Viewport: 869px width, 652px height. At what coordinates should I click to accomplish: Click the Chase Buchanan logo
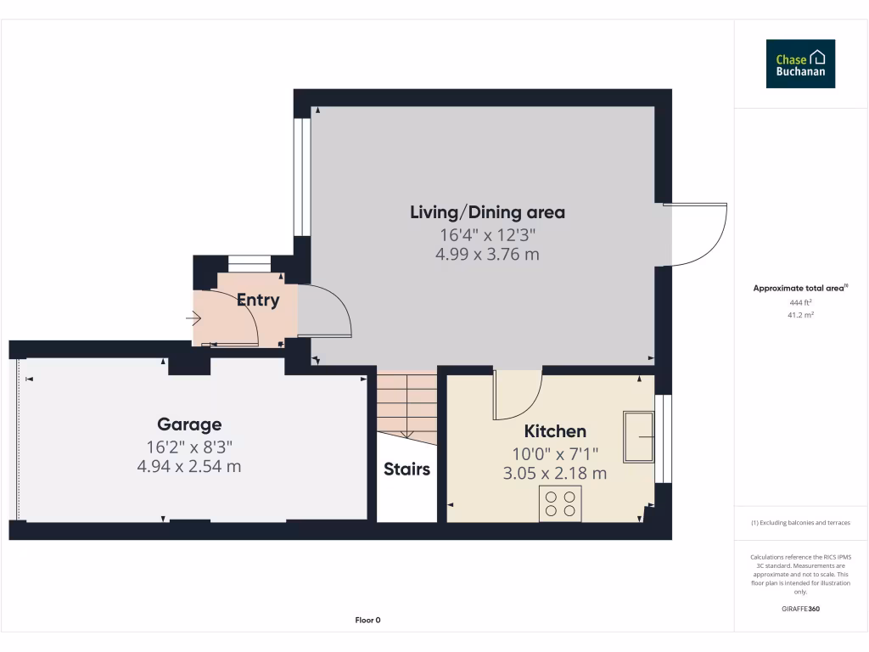[x=800, y=64]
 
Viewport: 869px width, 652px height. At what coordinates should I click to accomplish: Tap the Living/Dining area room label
[x=487, y=212]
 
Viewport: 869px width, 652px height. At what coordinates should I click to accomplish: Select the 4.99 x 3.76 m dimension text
[x=487, y=254]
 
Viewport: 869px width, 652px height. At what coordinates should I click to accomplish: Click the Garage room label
[x=189, y=424]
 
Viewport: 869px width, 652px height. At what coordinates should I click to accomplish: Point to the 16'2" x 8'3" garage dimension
[x=189, y=446]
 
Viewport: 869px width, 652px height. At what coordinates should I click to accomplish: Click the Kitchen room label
[x=555, y=431]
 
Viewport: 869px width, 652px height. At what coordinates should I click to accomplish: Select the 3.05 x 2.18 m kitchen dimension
[x=555, y=473]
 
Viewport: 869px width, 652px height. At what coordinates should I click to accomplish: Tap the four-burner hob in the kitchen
[x=560, y=503]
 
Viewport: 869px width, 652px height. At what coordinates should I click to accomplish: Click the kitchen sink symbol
[x=638, y=437]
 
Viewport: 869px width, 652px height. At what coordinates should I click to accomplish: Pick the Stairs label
[x=406, y=469]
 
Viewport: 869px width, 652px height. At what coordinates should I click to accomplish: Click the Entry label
[x=257, y=300]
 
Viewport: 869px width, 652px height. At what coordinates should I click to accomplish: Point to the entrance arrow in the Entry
[x=193, y=319]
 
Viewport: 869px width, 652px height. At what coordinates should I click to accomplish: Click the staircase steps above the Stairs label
[x=406, y=403]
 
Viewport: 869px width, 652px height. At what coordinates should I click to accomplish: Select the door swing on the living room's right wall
[x=700, y=233]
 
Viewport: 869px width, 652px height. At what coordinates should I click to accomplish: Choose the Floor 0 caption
[x=367, y=621]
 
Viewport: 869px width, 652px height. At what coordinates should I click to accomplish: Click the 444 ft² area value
[x=800, y=302]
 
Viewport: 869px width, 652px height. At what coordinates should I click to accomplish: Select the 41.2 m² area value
[x=800, y=315]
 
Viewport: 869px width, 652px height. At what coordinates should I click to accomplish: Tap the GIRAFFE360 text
[x=800, y=609]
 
